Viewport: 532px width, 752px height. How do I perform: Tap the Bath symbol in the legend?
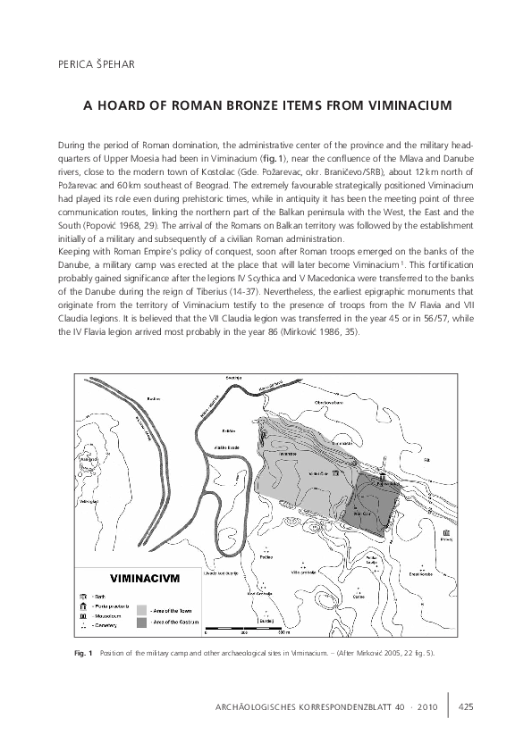pyautogui.click(x=85, y=596)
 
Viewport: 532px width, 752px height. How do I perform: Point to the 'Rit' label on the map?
pyautogui.click(x=427, y=460)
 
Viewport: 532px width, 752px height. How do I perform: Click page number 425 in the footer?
pyautogui.click(x=465, y=708)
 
